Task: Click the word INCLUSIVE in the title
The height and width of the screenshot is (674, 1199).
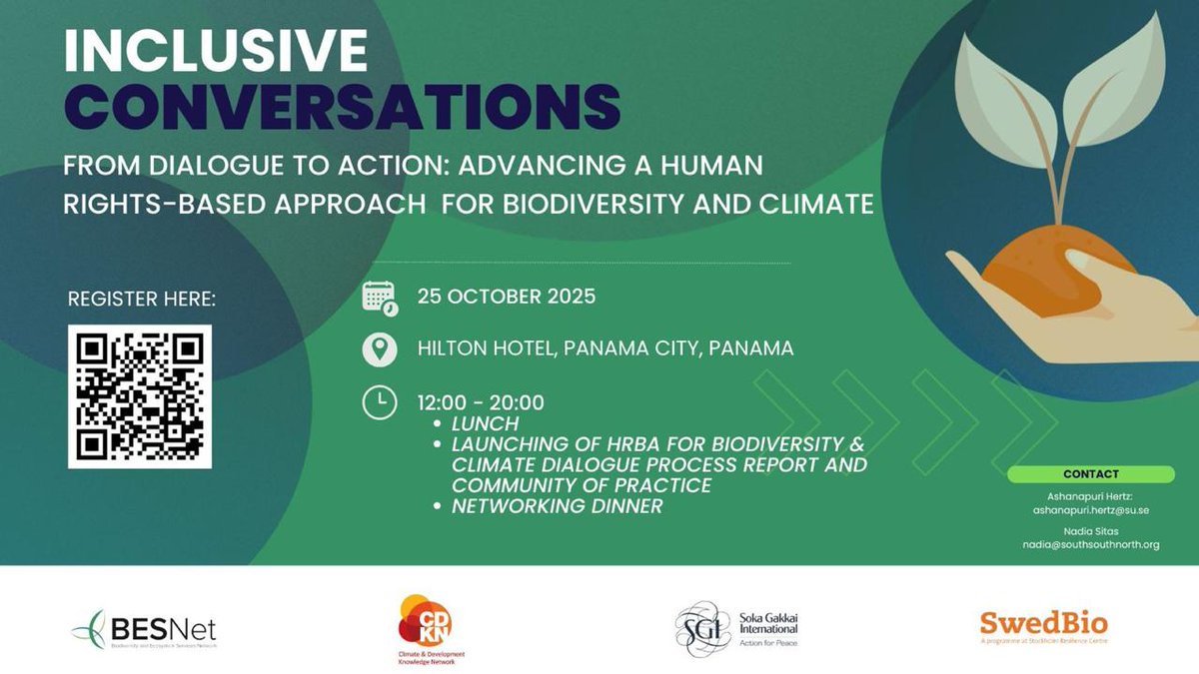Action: [x=215, y=51]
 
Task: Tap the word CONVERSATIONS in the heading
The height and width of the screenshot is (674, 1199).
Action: [x=342, y=105]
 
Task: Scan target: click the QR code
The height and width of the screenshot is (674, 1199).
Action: [x=141, y=396]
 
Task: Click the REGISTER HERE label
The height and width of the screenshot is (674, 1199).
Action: [x=141, y=299]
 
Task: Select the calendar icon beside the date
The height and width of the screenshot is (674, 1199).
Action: [x=380, y=298]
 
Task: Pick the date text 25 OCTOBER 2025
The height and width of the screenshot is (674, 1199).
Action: [x=506, y=298]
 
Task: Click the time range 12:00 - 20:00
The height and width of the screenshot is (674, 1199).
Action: [x=481, y=403]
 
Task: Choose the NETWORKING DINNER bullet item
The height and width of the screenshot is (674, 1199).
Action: [x=557, y=506]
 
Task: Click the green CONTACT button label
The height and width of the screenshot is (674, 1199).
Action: [x=1090, y=474]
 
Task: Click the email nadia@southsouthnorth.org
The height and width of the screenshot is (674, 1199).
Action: [x=1090, y=545]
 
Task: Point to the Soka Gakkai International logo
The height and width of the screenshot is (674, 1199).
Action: [x=736, y=628]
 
